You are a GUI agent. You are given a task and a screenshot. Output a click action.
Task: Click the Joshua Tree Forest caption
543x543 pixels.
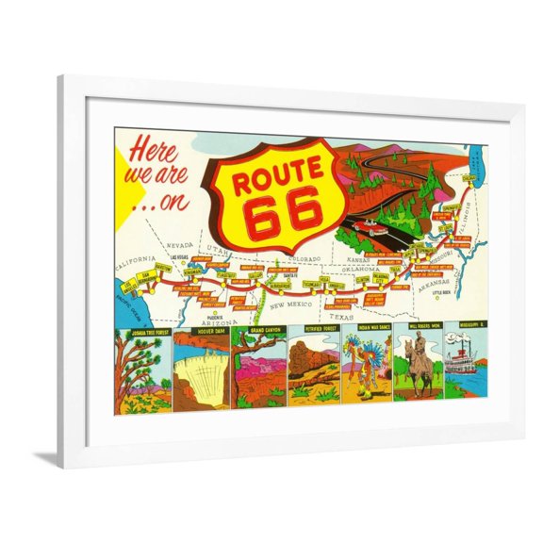coord(143,332)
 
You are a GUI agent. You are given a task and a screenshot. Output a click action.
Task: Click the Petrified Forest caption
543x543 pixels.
coord(314,332)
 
